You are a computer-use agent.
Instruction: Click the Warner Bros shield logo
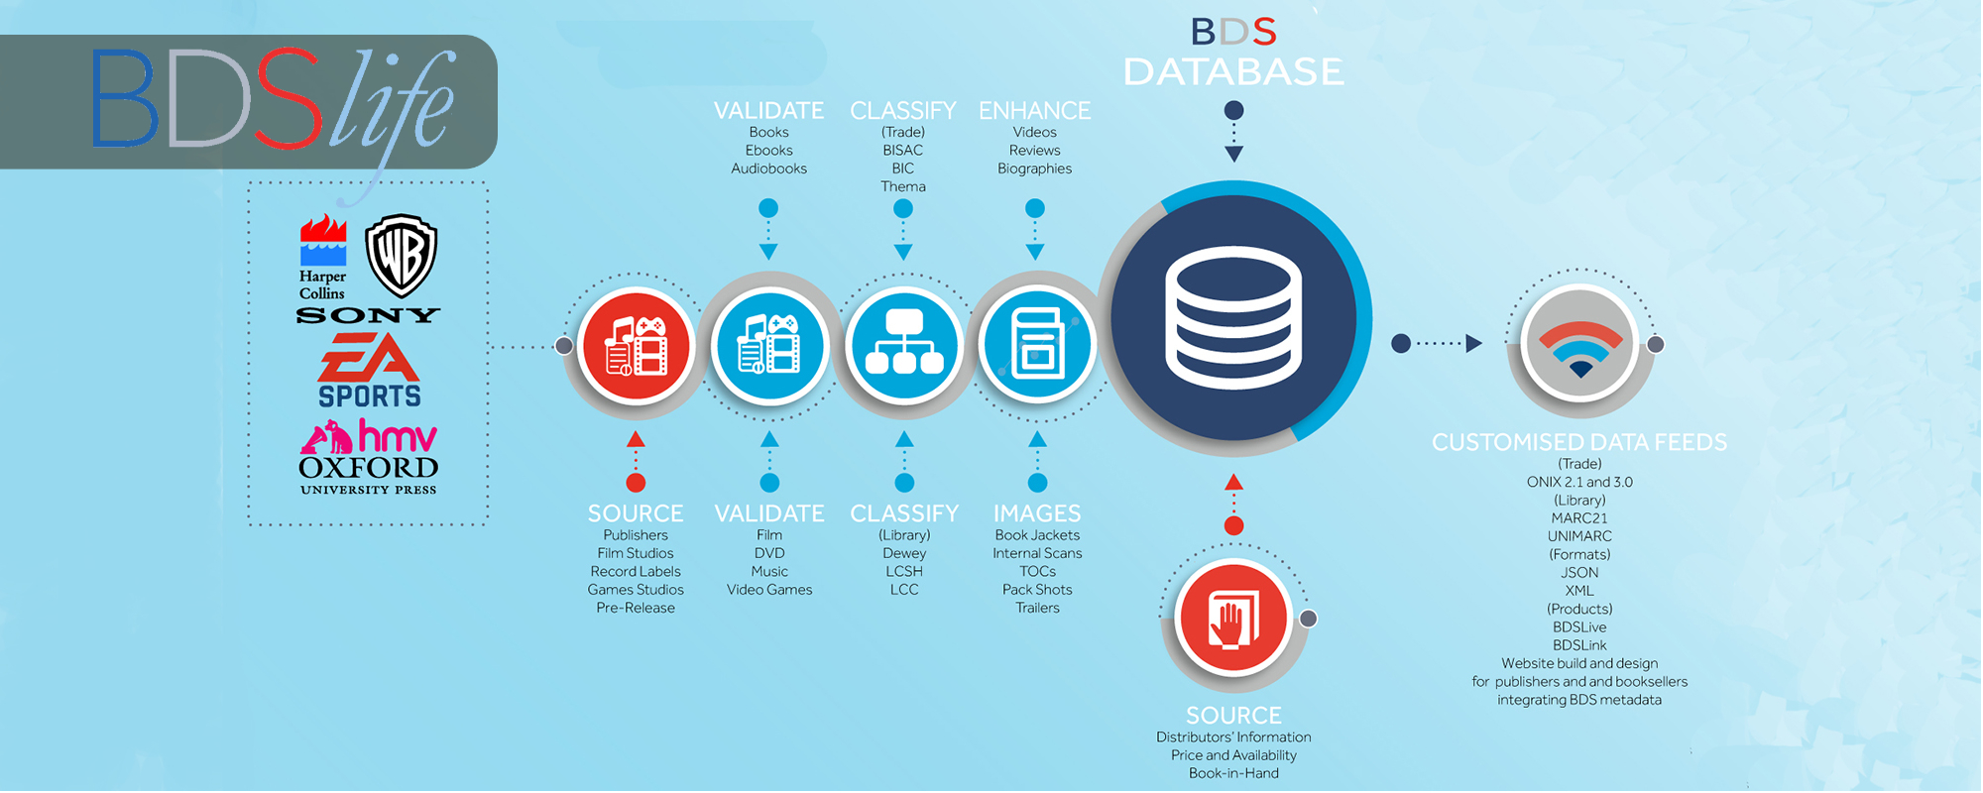pos(402,255)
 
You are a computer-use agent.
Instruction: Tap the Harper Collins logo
pos(323,258)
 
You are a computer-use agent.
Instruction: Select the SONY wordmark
pos(368,315)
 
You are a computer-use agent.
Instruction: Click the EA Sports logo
pos(369,370)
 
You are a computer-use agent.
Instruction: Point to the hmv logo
pos(369,436)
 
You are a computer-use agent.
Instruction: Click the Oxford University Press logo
pos(369,474)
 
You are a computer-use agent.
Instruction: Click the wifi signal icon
pos(1580,344)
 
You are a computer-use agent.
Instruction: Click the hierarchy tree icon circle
pos(903,345)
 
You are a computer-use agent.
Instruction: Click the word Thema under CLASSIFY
pos(903,186)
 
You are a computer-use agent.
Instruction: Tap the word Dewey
pos(904,553)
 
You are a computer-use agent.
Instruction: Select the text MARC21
pos(1579,518)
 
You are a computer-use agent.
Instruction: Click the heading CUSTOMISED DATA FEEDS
pos(1579,442)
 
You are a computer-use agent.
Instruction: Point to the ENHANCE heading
pos(1034,110)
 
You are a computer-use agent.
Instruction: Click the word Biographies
pos(1034,169)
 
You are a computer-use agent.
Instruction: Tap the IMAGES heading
pos(1037,513)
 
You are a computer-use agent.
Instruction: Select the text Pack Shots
pos(1037,590)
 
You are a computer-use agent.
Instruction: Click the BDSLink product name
pos(1579,645)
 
